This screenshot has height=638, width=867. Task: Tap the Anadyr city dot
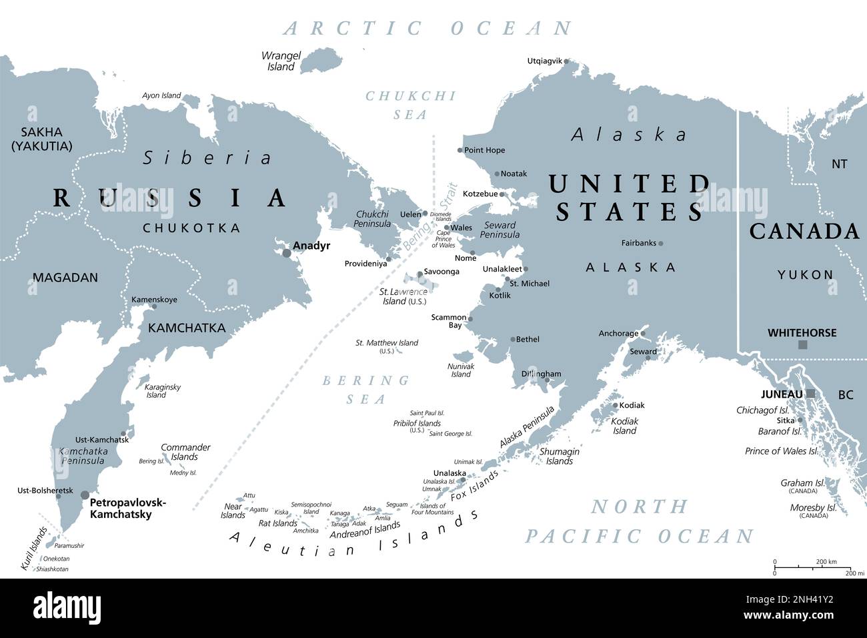pyautogui.click(x=287, y=253)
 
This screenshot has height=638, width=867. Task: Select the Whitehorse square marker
pyautogui.click(x=803, y=345)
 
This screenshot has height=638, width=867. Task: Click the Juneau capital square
pyautogui.click(x=810, y=394)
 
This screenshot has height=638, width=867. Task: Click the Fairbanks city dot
pyautogui.click(x=660, y=244)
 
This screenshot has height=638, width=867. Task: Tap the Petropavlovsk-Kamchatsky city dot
pyautogui.click(x=85, y=495)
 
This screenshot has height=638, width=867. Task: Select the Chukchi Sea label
pyautogui.click(x=410, y=105)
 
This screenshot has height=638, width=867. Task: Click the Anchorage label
pyautogui.click(x=618, y=334)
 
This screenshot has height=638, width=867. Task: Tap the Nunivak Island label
pyautogui.click(x=461, y=370)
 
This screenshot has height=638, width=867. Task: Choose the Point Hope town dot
pyautogui.click(x=460, y=151)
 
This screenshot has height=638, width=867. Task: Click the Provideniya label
pyautogui.click(x=365, y=264)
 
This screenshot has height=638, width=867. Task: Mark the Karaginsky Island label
pyautogui.click(x=162, y=391)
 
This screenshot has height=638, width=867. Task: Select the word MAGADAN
pyautogui.click(x=65, y=278)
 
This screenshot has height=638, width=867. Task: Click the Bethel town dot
pyautogui.click(x=512, y=340)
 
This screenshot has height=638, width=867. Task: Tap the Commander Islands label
pyautogui.click(x=185, y=452)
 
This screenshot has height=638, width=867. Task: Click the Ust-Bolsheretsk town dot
pyautogui.click(x=58, y=495)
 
